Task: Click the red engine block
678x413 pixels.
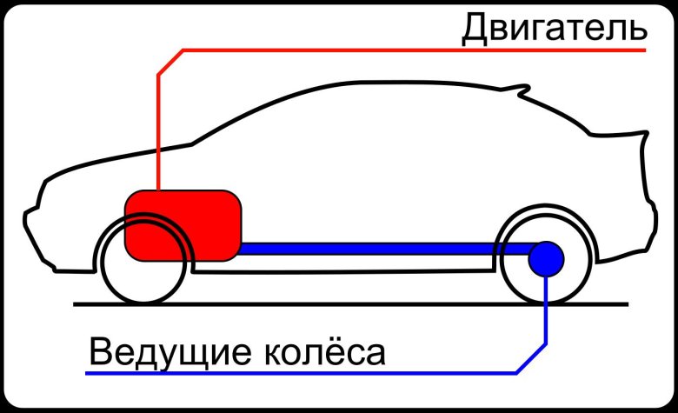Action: pyautogui.click(x=183, y=224)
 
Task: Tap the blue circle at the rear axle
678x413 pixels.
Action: pyautogui.click(x=547, y=258)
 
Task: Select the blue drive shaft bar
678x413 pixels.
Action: pyautogui.click(x=382, y=249)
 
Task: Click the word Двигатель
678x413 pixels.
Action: pyautogui.click(x=554, y=29)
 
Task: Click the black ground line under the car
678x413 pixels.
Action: pyautogui.click(x=348, y=303)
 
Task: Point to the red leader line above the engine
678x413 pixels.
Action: pyautogui.click(x=158, y=130)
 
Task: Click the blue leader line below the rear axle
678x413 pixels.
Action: pyautogui.click(x=547, y=313)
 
